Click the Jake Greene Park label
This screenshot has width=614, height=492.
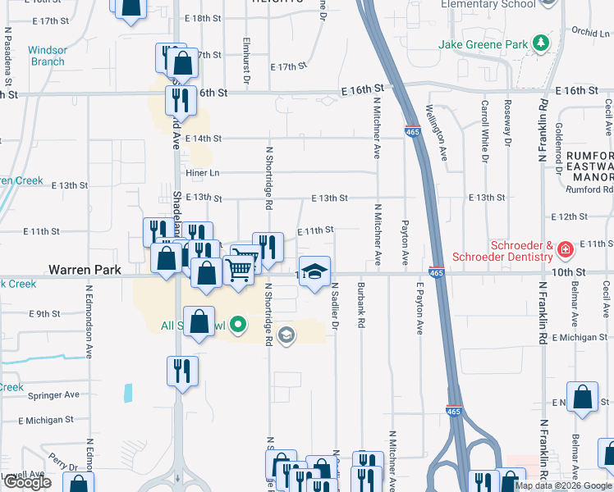tap(484, 43)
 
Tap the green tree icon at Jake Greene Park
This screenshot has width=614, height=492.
tap(540, 42)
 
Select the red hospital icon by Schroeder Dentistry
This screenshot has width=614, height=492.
tap(565, 248)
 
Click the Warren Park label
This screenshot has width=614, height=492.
tap(85, 269)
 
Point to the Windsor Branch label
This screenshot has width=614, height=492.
tap(48, 56)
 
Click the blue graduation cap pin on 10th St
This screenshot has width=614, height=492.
tap(314, 272)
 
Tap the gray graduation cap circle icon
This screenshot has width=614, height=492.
tap(286, 335)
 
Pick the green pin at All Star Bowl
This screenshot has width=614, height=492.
tap(238, 326)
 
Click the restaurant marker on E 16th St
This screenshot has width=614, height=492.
tap(179, 101)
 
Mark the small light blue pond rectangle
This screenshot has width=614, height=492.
tap(128, 393)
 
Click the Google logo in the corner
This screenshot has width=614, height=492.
tap(27, 482)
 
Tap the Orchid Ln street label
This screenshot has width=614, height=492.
tap(589, 33)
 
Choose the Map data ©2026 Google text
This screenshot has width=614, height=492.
tap(563, 485)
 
